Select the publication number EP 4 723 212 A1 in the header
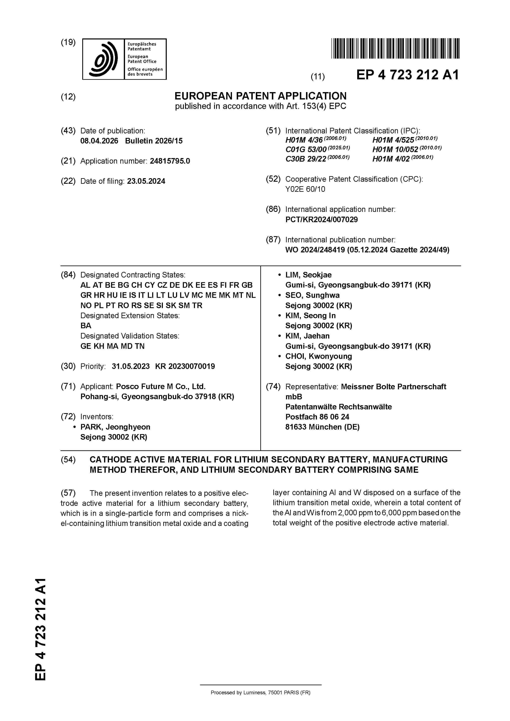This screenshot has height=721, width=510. (407, 75)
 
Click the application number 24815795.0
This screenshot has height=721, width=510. (170, 161)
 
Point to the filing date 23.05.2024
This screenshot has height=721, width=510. (146, 181)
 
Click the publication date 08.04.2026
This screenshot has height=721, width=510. (99, 141)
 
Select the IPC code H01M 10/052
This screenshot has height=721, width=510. (395, 149)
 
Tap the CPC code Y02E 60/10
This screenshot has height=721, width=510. (305, 189)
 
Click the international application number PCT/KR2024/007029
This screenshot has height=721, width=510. (321, 220)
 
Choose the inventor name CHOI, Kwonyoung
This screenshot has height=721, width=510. (318, 356)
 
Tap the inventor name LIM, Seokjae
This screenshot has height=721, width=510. (308, 275)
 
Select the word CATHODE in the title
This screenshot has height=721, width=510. (110, 459)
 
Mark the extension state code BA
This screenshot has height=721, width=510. (86, 326)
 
